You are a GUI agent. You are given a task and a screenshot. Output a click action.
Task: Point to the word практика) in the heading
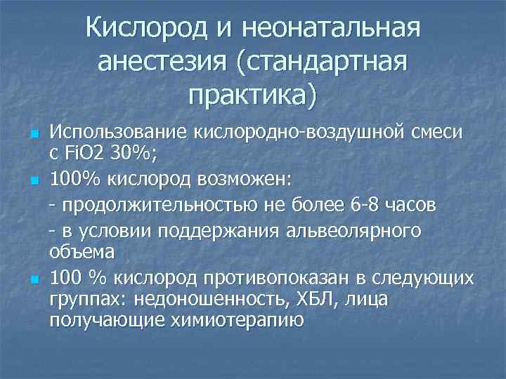(253, 93)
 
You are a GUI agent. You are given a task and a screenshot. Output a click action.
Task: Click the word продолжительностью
(144, 207)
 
